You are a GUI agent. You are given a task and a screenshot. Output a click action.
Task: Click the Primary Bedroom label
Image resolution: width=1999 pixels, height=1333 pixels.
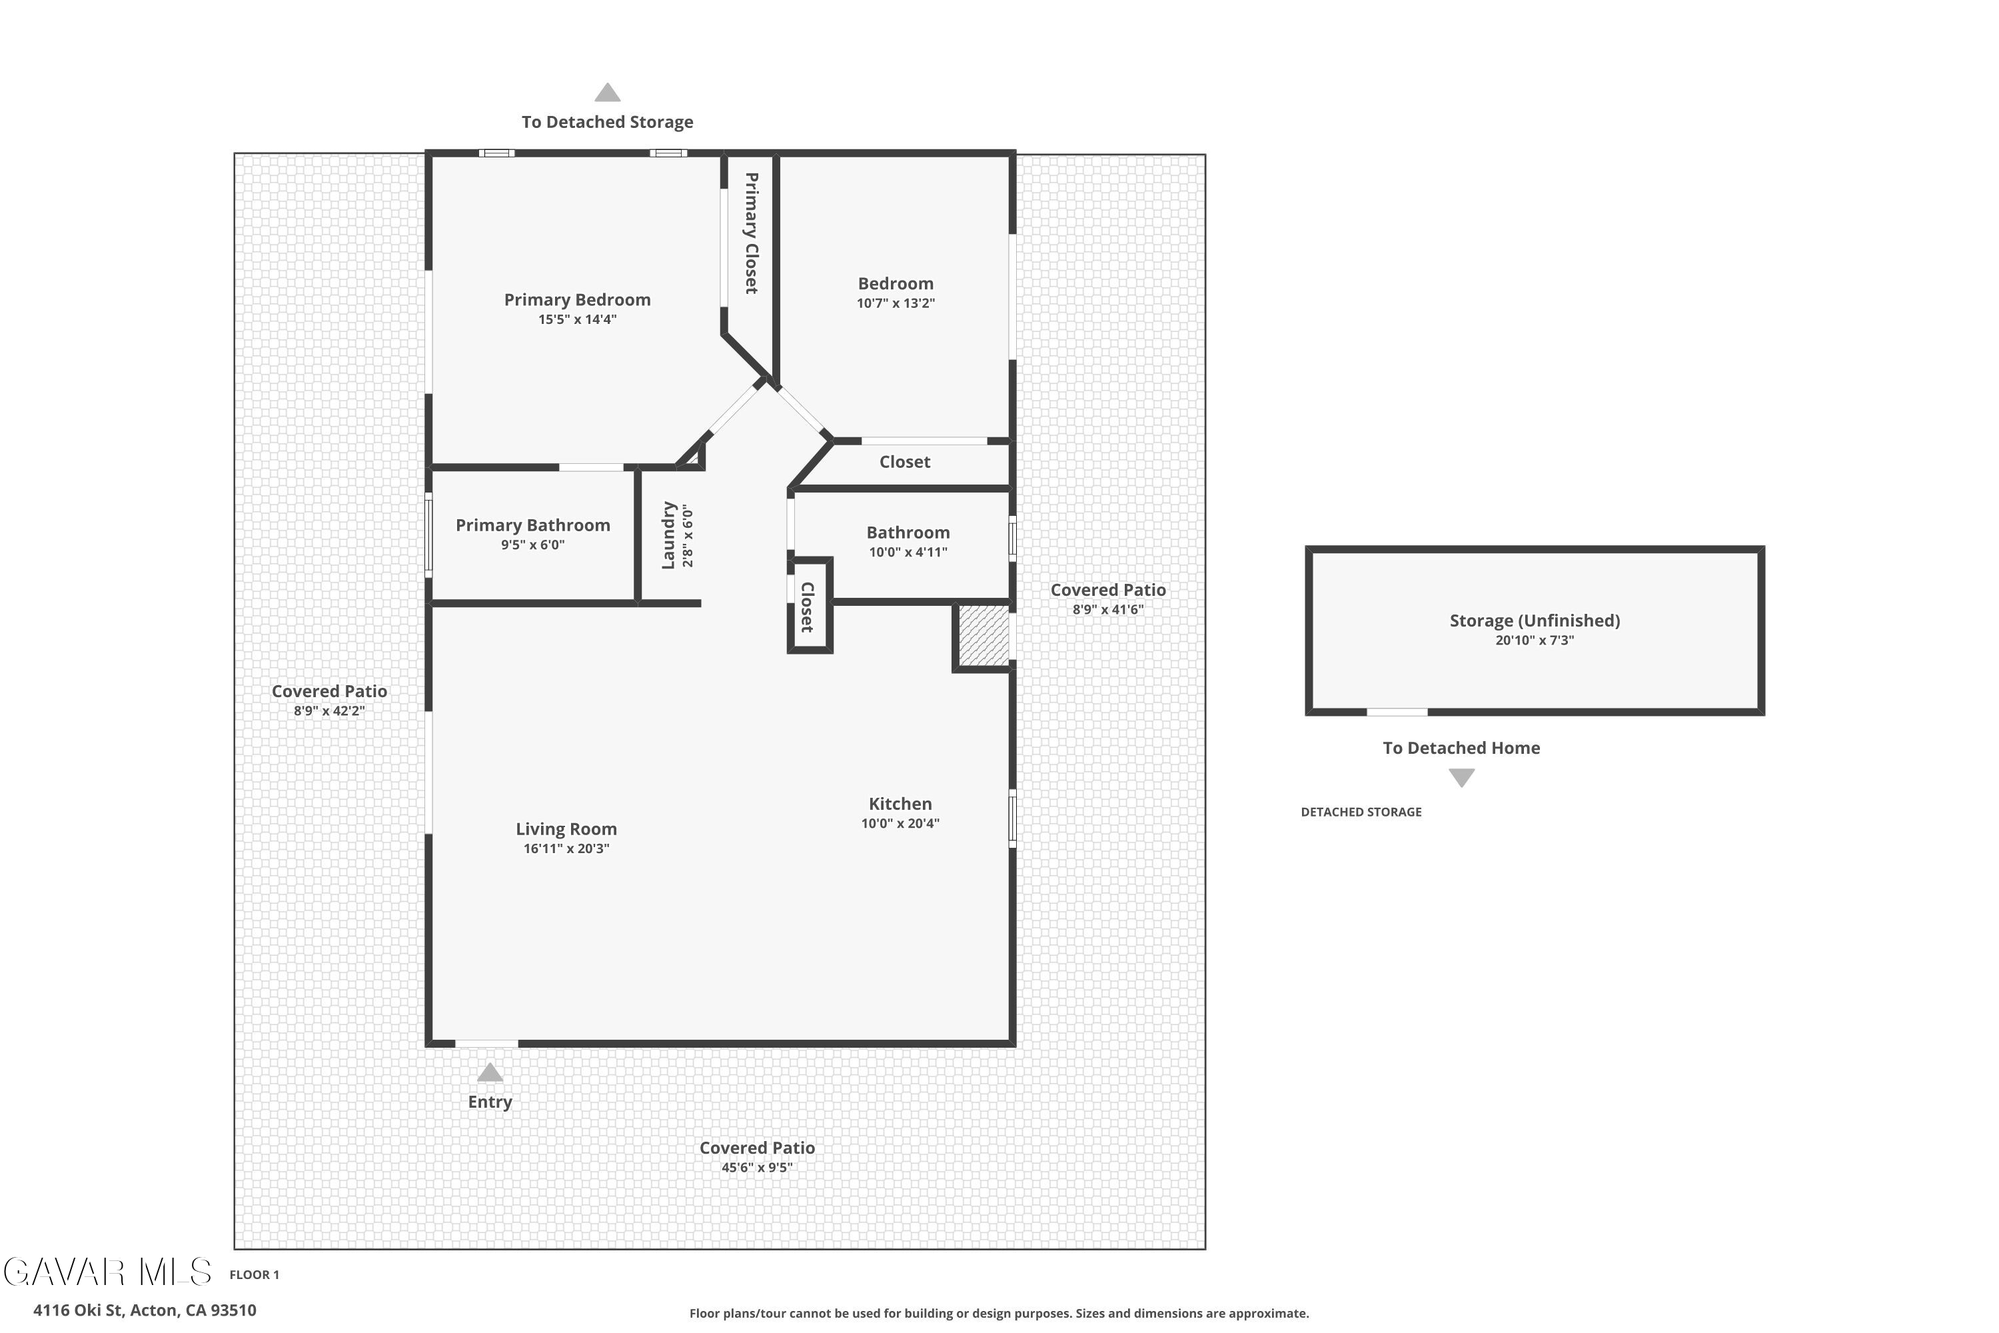577,299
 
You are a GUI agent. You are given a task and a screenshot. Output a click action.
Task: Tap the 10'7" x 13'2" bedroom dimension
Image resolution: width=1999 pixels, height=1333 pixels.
896,303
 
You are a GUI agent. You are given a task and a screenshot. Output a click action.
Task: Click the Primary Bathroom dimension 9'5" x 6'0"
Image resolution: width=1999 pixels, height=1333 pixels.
533,545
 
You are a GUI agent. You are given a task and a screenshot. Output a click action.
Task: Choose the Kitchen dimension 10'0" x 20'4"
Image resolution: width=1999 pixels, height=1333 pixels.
900,823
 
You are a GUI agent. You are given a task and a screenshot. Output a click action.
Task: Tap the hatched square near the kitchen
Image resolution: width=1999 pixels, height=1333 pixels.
984,635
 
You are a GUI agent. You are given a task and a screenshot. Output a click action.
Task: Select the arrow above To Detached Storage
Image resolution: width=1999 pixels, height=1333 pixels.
607,93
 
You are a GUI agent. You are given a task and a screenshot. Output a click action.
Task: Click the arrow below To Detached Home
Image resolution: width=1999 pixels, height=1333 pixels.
1461,778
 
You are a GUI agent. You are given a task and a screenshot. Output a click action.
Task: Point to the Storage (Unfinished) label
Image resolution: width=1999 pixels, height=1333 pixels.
1535,621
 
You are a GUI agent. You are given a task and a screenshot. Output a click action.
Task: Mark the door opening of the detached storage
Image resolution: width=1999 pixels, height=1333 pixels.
1397,712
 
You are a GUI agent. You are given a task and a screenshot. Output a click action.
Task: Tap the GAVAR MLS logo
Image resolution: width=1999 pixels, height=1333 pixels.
107,1272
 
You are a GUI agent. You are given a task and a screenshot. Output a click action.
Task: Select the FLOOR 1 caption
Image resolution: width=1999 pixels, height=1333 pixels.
254,1274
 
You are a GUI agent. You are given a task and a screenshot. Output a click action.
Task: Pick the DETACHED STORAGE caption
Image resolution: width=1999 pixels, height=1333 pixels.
1361,812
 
